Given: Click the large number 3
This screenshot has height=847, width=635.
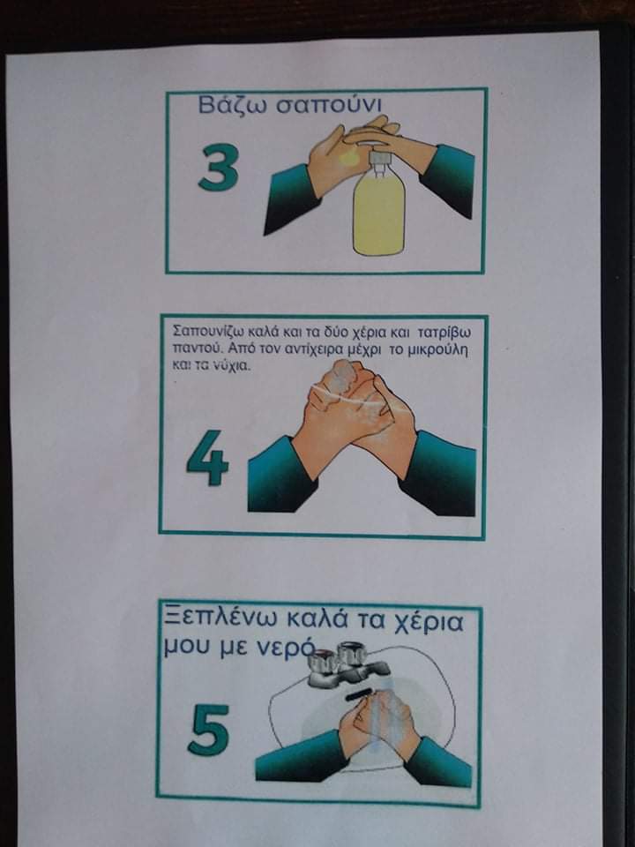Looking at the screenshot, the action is pos(218,169).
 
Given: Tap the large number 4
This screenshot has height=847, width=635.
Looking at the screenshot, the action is pos(208,458).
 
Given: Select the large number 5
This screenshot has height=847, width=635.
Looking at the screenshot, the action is pos(208,730).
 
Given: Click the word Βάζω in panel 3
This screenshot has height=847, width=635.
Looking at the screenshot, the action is pos(233,105).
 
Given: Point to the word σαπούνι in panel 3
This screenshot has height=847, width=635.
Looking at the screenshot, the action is pos(329,105).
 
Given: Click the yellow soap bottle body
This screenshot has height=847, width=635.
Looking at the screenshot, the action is pos(378,213).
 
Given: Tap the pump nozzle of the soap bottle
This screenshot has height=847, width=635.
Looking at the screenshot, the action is pos(378,159).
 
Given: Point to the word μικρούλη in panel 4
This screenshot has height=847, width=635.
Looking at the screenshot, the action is pos(439,350).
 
